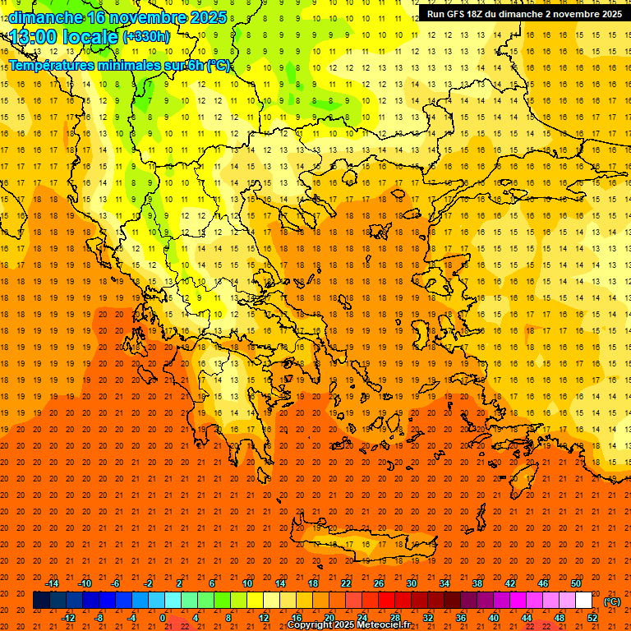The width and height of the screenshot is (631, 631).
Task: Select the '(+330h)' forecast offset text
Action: pos(146,37)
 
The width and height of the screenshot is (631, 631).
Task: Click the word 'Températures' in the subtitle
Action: pos(52,66)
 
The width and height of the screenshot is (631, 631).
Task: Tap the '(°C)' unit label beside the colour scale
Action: pos(612,601)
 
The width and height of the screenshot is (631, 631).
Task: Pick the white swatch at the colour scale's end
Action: pos(583,601)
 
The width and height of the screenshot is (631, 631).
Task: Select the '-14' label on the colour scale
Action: pos(52,583)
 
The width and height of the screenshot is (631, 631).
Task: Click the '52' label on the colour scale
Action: pos(592,618)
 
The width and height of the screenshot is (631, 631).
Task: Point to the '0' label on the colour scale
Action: pos(164,618)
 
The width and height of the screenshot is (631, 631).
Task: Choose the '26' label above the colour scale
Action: pos(379,583)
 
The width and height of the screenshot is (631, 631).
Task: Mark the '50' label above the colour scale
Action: pos(576,583)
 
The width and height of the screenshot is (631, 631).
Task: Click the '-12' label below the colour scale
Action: pos(68,618)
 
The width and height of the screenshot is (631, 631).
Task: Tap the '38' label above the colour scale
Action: pos(477,583)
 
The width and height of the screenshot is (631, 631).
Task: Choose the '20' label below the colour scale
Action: pos(329,618)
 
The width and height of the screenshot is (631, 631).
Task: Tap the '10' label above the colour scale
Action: pos(247,583)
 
